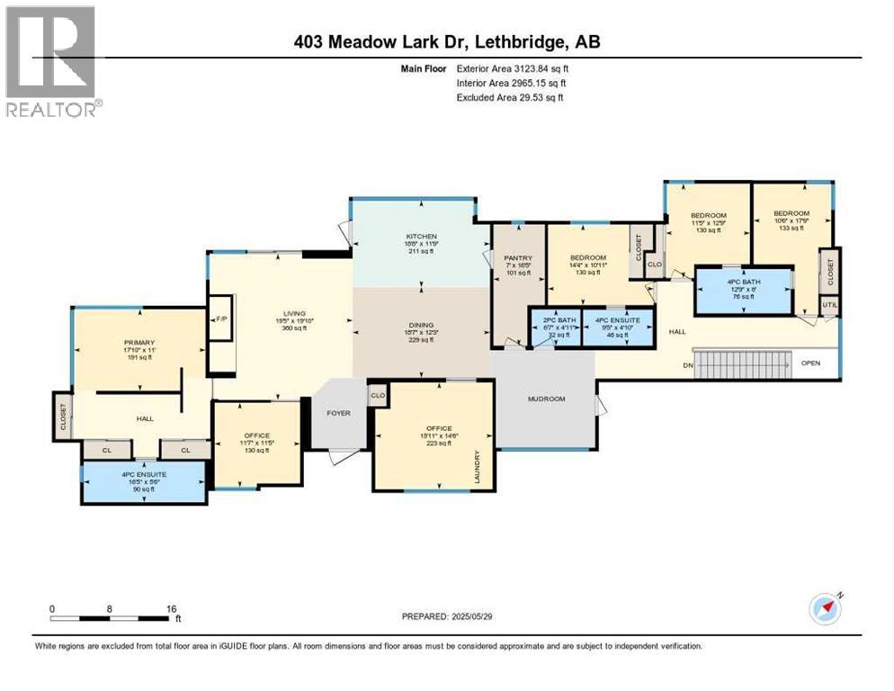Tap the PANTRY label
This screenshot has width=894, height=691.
click(x=518, y=258)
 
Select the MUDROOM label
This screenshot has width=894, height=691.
click(x=546, y=398)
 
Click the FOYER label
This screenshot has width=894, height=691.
click(x=339, y=413)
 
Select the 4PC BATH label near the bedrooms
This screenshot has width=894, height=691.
click(x=744, y=280)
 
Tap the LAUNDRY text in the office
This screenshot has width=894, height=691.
click(x=478, y=467)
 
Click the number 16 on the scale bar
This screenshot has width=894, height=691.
click(x=172, y=608)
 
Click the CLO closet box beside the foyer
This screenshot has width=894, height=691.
click(x=378, y=395)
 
